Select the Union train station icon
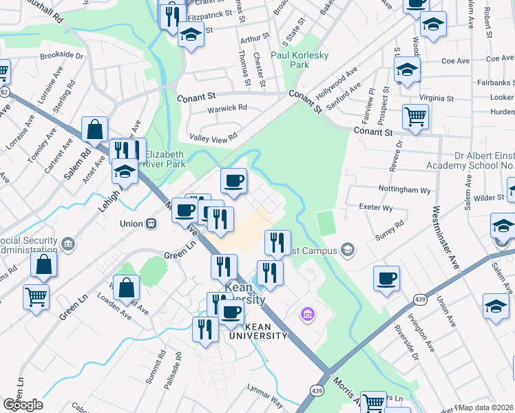(150, 224)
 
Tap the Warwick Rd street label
(227, 108)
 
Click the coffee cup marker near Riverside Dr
(386, 277)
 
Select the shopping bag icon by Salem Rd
(94, 128)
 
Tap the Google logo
(23, 405)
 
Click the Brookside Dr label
(62, 55)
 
